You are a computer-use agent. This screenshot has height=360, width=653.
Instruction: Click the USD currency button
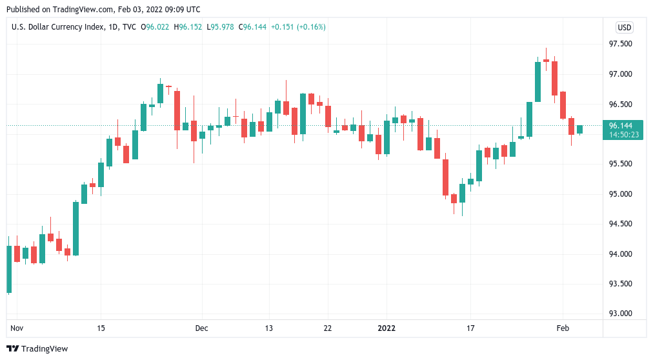pos(624,27)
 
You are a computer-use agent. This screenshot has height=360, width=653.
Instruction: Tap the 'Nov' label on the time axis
pos(17,328)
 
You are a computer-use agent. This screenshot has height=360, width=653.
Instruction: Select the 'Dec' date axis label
pos(201,328)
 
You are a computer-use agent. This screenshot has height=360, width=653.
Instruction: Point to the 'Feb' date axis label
pos(563,328)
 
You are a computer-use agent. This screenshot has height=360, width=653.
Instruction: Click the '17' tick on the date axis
pos(471,328)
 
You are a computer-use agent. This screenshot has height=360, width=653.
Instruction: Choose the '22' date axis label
pos(327,328)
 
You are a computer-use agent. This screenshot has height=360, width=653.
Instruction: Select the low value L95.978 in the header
pos(221,27)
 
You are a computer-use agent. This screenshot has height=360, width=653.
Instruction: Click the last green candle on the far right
pos(579,130)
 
